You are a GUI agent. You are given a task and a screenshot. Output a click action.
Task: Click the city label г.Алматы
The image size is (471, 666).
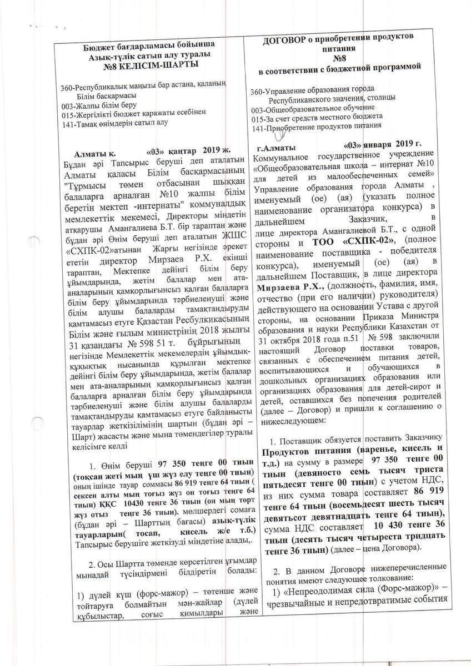(276, 148)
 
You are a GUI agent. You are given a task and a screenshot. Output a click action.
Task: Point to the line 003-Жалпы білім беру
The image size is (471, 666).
(98, 105)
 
